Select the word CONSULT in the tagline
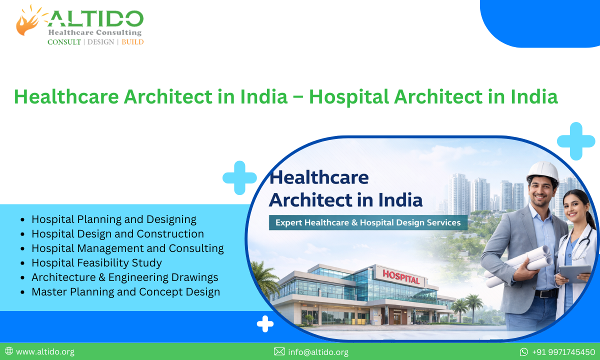(x=64, y=42)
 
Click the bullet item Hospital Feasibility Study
(x=96, y=262)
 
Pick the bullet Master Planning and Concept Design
(x=125, y=291)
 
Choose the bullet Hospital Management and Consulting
(x=127, y=248)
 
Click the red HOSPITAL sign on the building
(x=401, y=276)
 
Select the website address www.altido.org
(x=45, y=352)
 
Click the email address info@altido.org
(x=318, y=352)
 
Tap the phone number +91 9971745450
(x=563, y=352)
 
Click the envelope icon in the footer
(x=279, y=352)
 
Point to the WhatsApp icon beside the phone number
(x=524, y=352)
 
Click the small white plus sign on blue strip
(x=265, y=324)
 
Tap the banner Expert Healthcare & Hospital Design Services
(x=368, y=222)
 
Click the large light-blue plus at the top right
(x=576, y=141)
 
